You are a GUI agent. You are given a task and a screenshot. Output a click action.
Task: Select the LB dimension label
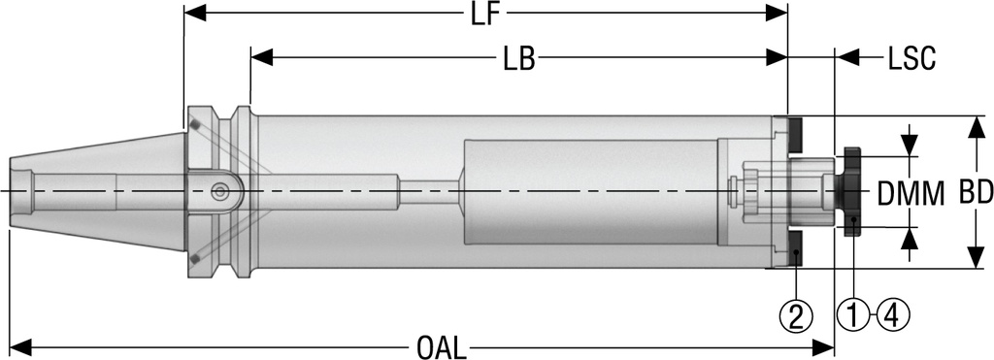pyautogui.click(x=519, y=59)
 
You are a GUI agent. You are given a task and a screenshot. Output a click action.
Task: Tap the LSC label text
pyautogui.click(x=911, y=59)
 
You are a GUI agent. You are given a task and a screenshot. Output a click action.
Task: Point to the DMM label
pyautogui.click(x=911, y=193)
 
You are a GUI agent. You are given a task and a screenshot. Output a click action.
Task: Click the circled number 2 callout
pyautogui.click(x=797, y=316)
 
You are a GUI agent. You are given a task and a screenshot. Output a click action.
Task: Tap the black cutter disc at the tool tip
pyautogui.click(x=852, y=192)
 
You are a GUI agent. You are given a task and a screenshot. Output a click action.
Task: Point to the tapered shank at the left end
pyautogui.click(x=97, y=192)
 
